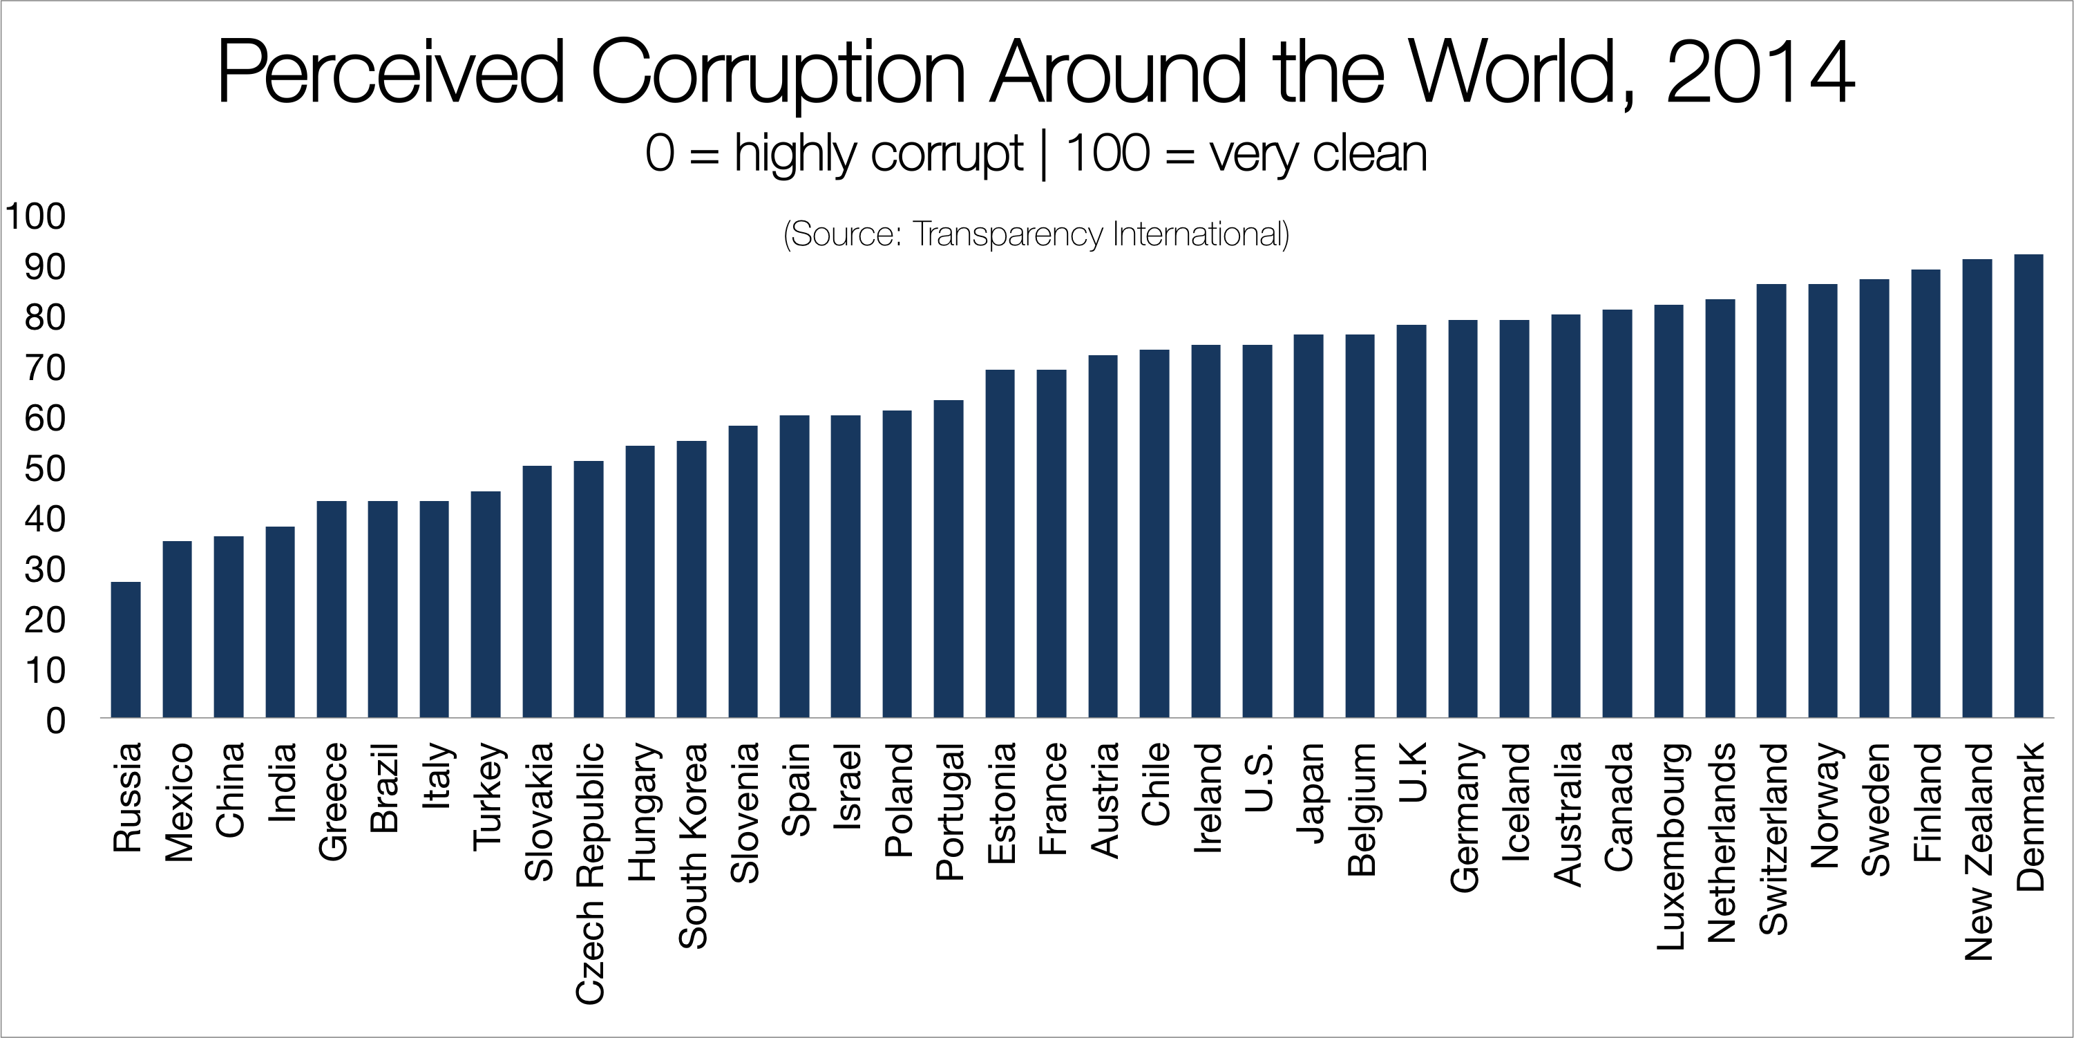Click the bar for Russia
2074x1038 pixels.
tap(126, 649)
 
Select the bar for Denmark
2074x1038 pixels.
tap(2028, 486)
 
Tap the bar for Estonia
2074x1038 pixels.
tap(1000, 544)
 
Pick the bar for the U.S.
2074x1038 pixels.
tap(1257, 531)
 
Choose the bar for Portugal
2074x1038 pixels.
tap(949, 559)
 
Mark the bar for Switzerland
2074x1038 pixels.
tap(1771, 500)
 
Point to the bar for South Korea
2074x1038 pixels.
tap(691, 579)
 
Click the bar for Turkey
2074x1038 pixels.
tap(486, 604)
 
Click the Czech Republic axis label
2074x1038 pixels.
tap(589, 873)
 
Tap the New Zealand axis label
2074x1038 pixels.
tap(1977, 851)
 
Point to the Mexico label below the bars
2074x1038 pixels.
tap(178, 802)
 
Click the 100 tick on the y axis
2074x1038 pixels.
tap(35, 216)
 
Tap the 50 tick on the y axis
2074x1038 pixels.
tap(44, 469)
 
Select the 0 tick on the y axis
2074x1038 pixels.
tap(55, 721)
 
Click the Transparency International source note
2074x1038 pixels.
tap(1036, 234)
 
